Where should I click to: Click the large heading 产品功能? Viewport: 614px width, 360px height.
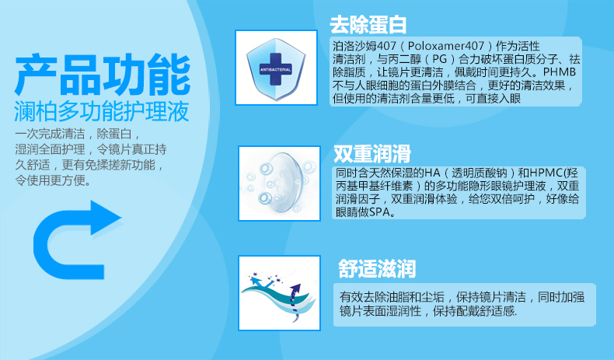coord(103,75)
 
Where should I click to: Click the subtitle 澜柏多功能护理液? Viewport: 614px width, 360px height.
coord(102,112)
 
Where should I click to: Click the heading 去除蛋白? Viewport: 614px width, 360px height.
coord(368,25)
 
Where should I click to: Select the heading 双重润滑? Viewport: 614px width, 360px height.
coord(372,153)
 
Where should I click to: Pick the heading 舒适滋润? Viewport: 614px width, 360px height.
coord(377,269)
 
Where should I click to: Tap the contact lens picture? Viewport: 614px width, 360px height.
coord(279,183)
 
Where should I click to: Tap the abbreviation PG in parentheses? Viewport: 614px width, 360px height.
coord(439,59)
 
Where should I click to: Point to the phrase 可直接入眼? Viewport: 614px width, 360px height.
coord(493,98)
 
